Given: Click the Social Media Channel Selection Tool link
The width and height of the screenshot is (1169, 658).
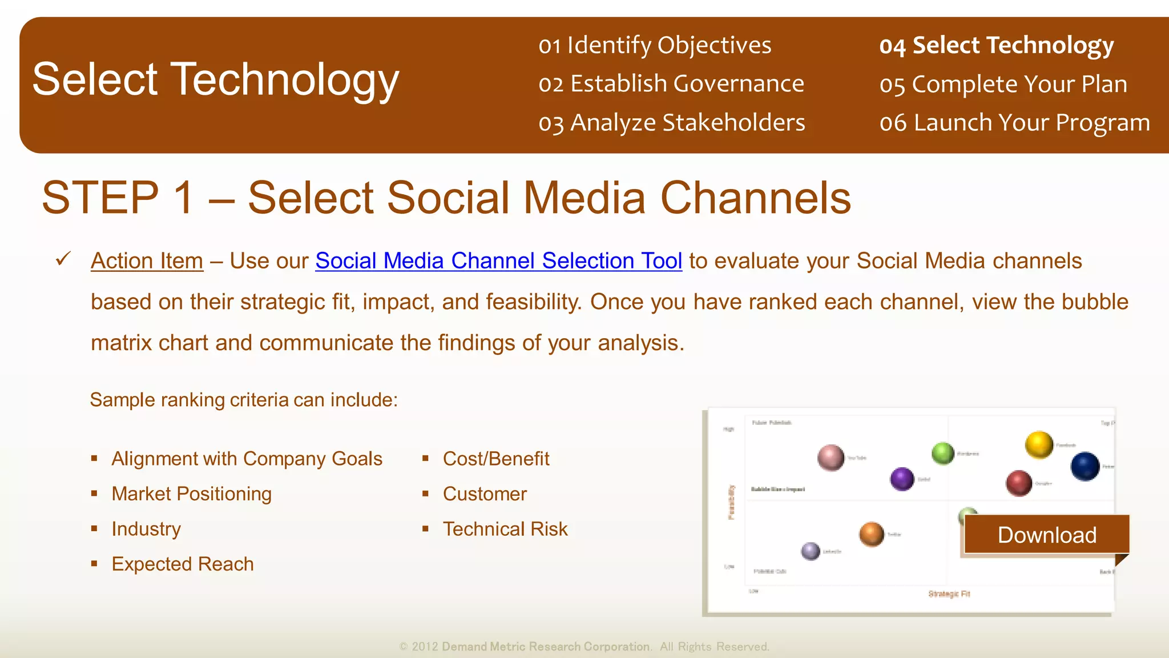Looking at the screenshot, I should tap(498, 261).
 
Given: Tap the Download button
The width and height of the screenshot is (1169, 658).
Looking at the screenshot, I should tap(1046, 535).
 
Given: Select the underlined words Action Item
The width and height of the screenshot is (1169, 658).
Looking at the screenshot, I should tap(147, 261).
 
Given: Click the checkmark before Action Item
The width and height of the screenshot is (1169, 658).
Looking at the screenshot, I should tap(63, 259).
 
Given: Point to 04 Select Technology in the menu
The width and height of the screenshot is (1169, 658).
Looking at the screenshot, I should tap(996, 46).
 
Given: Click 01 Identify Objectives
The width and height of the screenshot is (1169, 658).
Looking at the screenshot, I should tap(655, 46).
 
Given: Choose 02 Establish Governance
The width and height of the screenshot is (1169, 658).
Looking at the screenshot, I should tap(671, 84).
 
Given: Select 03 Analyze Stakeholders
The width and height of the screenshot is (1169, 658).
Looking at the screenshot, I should tap(672, 123).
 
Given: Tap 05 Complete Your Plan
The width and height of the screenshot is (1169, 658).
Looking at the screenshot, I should tap(1003, 85).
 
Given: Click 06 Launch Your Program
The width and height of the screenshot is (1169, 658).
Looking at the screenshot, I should tap(1014, 123).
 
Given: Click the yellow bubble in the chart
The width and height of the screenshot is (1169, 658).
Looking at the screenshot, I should tap(1039, 444).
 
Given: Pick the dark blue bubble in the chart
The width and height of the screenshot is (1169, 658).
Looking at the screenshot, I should tap(1085, 466).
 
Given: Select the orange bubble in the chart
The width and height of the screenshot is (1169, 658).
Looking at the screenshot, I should tap(871, 534).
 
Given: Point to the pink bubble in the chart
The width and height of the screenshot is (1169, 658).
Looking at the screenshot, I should tap(831, 457).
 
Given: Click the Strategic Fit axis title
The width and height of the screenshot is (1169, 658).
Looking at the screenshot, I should tap(949, 594).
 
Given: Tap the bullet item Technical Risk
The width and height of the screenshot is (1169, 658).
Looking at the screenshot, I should tap(505, 529).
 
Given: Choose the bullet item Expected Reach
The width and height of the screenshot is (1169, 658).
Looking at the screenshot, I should tap(183, 564).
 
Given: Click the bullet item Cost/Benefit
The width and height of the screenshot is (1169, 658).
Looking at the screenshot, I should tap(496, 459).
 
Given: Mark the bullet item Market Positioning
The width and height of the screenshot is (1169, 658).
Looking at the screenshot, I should tap(192, 494).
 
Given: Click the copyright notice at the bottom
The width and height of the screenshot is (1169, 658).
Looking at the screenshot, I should tap(584, 647).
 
